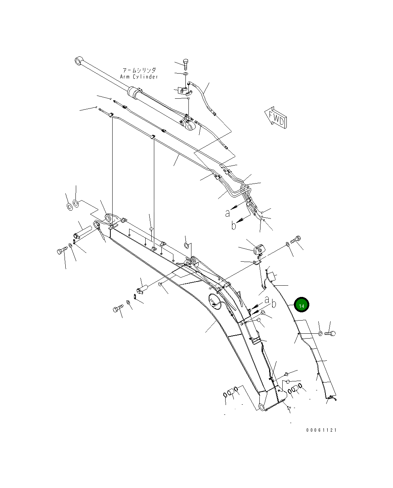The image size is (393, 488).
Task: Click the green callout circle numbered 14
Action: pos(301,305)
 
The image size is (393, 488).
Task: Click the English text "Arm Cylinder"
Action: pos(139,77)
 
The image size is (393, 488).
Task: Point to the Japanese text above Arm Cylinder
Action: pos(139,70)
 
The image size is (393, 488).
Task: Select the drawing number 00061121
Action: pos(321,430)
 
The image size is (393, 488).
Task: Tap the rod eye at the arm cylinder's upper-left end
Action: pos(79,61)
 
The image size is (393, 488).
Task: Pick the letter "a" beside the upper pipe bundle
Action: pos(227,213)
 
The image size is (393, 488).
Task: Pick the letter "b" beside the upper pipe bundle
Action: pos(234,226)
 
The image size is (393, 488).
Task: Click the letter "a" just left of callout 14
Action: pos(267,300)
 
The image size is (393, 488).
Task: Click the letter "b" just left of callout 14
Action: pos(274,303)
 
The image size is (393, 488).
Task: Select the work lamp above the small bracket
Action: pos(259,249)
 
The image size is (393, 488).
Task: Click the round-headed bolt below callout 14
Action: pos(330,333)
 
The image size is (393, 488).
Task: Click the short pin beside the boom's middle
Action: pos(143,289)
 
